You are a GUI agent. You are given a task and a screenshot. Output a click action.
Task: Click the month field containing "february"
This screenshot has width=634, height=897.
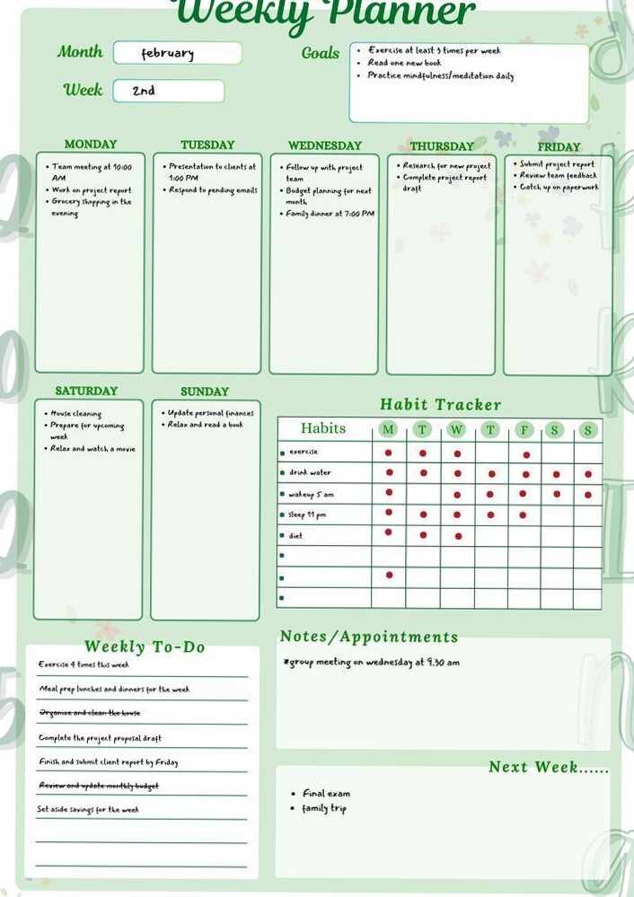(x=177, y=53)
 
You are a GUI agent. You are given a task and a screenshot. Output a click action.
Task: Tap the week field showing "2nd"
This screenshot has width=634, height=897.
(x=168, y=91)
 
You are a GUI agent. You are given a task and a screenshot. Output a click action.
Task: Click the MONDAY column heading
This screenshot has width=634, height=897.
(x=91, y=144)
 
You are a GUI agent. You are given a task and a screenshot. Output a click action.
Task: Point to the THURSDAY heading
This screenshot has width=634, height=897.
(x=441, y=145)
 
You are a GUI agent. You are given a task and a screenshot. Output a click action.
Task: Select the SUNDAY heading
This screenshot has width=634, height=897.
(x=205, y=391)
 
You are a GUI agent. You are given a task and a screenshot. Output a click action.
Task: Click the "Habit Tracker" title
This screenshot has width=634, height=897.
(x=440, y=405)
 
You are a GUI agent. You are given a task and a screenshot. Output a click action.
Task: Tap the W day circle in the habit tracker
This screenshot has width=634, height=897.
(x=456, y=430)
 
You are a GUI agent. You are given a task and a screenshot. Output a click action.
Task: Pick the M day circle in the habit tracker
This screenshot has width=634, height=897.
(x=388, y=429)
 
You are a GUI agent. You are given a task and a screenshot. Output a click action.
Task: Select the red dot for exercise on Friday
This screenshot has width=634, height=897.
(x=526, y=454)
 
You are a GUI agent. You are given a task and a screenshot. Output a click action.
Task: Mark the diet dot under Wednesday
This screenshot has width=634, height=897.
(x=458, y=536)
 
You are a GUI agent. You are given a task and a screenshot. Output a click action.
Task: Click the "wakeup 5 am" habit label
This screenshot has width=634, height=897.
(x=312, y=494)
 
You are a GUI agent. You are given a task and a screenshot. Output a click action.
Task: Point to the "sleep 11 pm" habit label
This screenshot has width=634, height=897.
(x=307, y=514)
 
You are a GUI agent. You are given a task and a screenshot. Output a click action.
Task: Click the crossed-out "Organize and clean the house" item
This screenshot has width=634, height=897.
(x=89, y=713)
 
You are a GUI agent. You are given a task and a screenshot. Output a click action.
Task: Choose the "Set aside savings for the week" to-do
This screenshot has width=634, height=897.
(x=88, y=809)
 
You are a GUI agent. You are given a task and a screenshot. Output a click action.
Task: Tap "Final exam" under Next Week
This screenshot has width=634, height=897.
(x=326, y=794)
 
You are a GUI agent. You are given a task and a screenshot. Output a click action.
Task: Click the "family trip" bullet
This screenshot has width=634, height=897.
(x=324, y=809)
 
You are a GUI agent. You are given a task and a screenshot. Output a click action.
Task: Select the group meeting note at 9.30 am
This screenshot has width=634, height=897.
(x=372, y=663)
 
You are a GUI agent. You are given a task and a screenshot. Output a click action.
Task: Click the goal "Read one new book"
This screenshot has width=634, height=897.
(x=404, y=63)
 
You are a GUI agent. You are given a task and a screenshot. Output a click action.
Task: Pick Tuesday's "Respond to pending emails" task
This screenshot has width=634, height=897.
(x=213, y=190)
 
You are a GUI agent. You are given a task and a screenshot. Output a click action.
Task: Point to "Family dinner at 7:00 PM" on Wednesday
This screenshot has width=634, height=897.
(x=330, y=214)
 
